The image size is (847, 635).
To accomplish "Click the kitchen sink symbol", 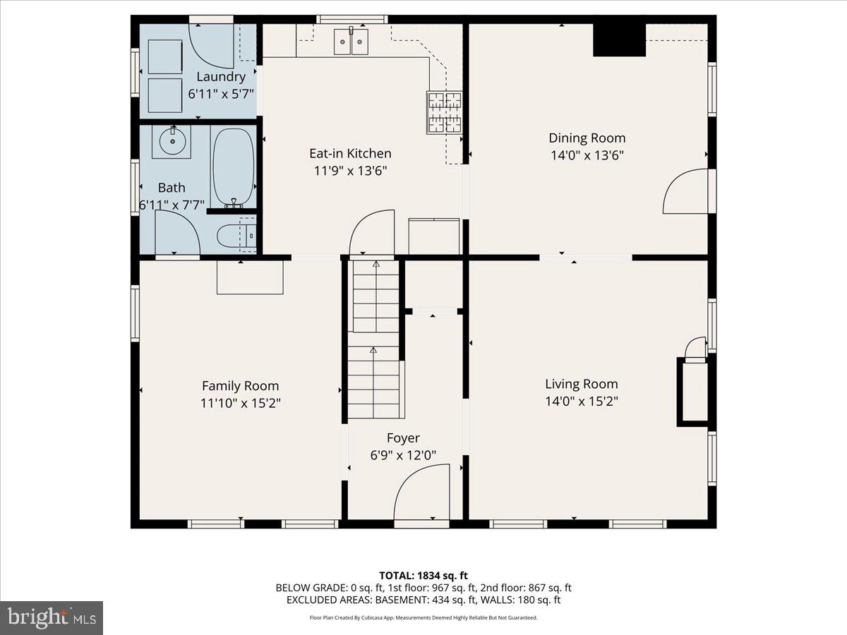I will [x=351, y=42].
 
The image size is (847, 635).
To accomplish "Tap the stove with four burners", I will [x=444, y=112].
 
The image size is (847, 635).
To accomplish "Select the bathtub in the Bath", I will [x=233, y=167].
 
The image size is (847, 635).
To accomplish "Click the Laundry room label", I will [x=221, y=77].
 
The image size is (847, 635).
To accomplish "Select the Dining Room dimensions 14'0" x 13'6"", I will [x=587, y=155].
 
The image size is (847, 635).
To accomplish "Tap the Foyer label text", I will [x=403, y=438].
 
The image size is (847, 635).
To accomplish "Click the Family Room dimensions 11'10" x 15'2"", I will [x=241, y=403].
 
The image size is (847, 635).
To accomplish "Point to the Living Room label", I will [x=581, y=384].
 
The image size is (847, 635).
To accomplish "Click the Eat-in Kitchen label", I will [x=350, y=153].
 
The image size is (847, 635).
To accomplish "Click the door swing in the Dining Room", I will [x=685, y=191].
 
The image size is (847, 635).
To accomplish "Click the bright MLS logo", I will [x=52, y=617].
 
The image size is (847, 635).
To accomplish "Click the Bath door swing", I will [x=176, y=234].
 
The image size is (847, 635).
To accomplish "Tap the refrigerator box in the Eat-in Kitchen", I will [x=434, y=236].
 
